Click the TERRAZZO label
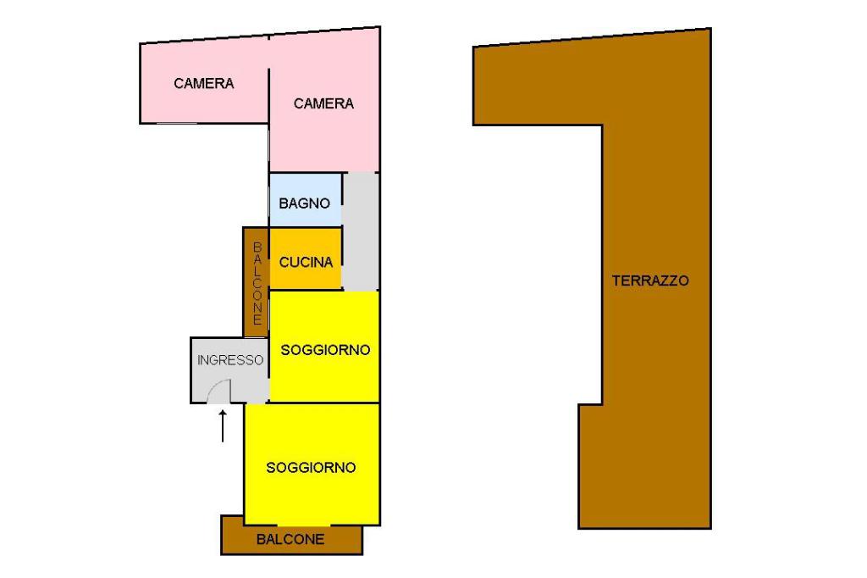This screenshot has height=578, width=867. click(x=650, y=281)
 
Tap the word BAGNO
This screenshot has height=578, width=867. click(x=304, y=203)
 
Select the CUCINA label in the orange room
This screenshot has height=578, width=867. click(x=306, y=263)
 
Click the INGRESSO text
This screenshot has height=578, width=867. click(x=230, y=359)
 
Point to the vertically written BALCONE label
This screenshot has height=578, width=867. click(x=257, y=283)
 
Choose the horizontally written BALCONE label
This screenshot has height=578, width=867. click(x=290, y=539)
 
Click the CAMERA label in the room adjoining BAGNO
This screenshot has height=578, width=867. click(x=323, y=103)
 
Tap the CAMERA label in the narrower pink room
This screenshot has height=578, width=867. click(x=204, y=83)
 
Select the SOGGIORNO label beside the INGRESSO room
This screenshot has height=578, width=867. click(x=325, y=349)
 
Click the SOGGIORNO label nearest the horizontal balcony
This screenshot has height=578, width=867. click(x=311, y=467)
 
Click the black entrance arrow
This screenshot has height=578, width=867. click(x=223, y=425)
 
